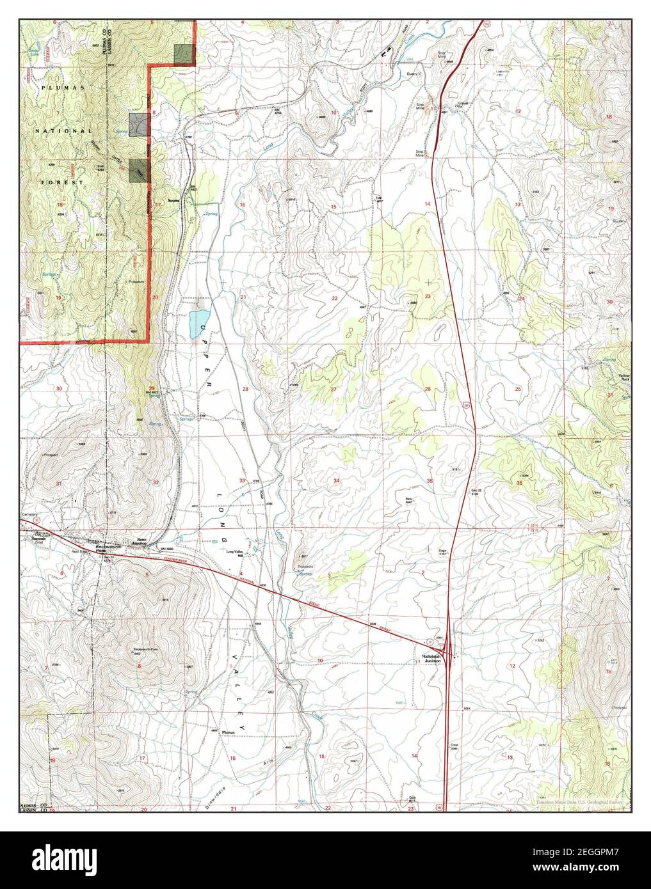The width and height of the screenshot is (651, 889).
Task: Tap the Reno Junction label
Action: pyautogui.click(x=140, y=541)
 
